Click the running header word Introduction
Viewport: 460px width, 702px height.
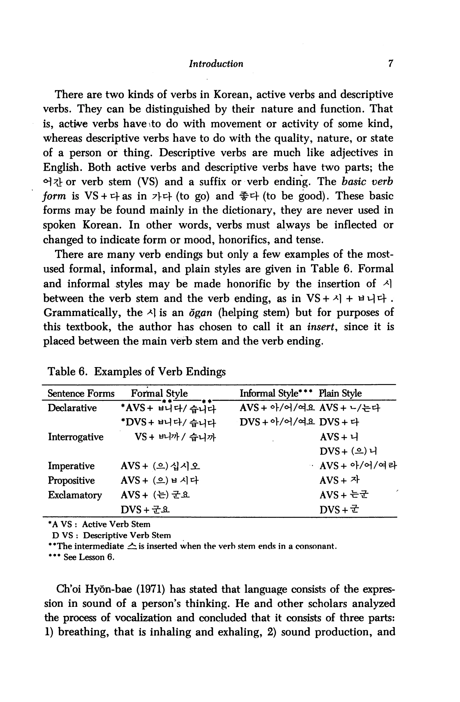[216, 64]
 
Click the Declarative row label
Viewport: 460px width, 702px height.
[72, 408]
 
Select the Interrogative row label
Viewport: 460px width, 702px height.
[76, 437]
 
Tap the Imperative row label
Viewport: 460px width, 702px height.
[71, 466]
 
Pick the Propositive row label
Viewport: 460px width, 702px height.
[71, 481]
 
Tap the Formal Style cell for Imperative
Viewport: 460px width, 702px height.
[161, 466]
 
